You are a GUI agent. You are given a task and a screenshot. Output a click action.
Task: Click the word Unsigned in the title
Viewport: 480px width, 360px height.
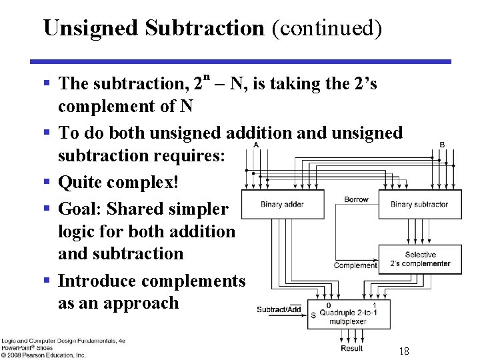point(91,28)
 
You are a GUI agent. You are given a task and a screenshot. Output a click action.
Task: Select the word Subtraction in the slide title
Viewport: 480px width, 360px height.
point(205,28)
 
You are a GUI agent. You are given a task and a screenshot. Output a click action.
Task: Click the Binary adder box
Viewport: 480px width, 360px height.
point(282,204)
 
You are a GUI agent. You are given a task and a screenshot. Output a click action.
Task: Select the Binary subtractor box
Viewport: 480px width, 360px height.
point(419,204)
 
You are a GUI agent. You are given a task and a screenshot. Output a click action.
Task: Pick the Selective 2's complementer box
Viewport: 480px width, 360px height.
point(419,259)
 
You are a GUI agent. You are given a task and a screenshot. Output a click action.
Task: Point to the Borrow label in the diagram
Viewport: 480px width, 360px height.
point(356,199)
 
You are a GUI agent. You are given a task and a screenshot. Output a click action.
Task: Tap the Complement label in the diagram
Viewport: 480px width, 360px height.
point(355,265)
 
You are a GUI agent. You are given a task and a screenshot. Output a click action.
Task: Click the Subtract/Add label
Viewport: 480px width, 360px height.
point(279,309)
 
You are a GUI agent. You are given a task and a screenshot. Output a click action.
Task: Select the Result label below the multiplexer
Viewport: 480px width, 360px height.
point(351,348)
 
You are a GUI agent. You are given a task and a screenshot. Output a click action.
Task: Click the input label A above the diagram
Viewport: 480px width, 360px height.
point(257,145)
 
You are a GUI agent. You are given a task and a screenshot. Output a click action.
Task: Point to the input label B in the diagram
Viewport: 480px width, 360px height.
point(442,145)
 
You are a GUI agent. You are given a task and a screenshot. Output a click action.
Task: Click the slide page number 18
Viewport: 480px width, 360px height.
point(403,351)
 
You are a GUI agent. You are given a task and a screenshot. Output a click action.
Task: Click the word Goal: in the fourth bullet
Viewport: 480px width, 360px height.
point(80,209)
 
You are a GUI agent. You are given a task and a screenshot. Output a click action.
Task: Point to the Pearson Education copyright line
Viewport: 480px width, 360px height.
point(43,355)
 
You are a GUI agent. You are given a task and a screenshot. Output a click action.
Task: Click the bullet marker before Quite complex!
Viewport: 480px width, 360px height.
point(46,182)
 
